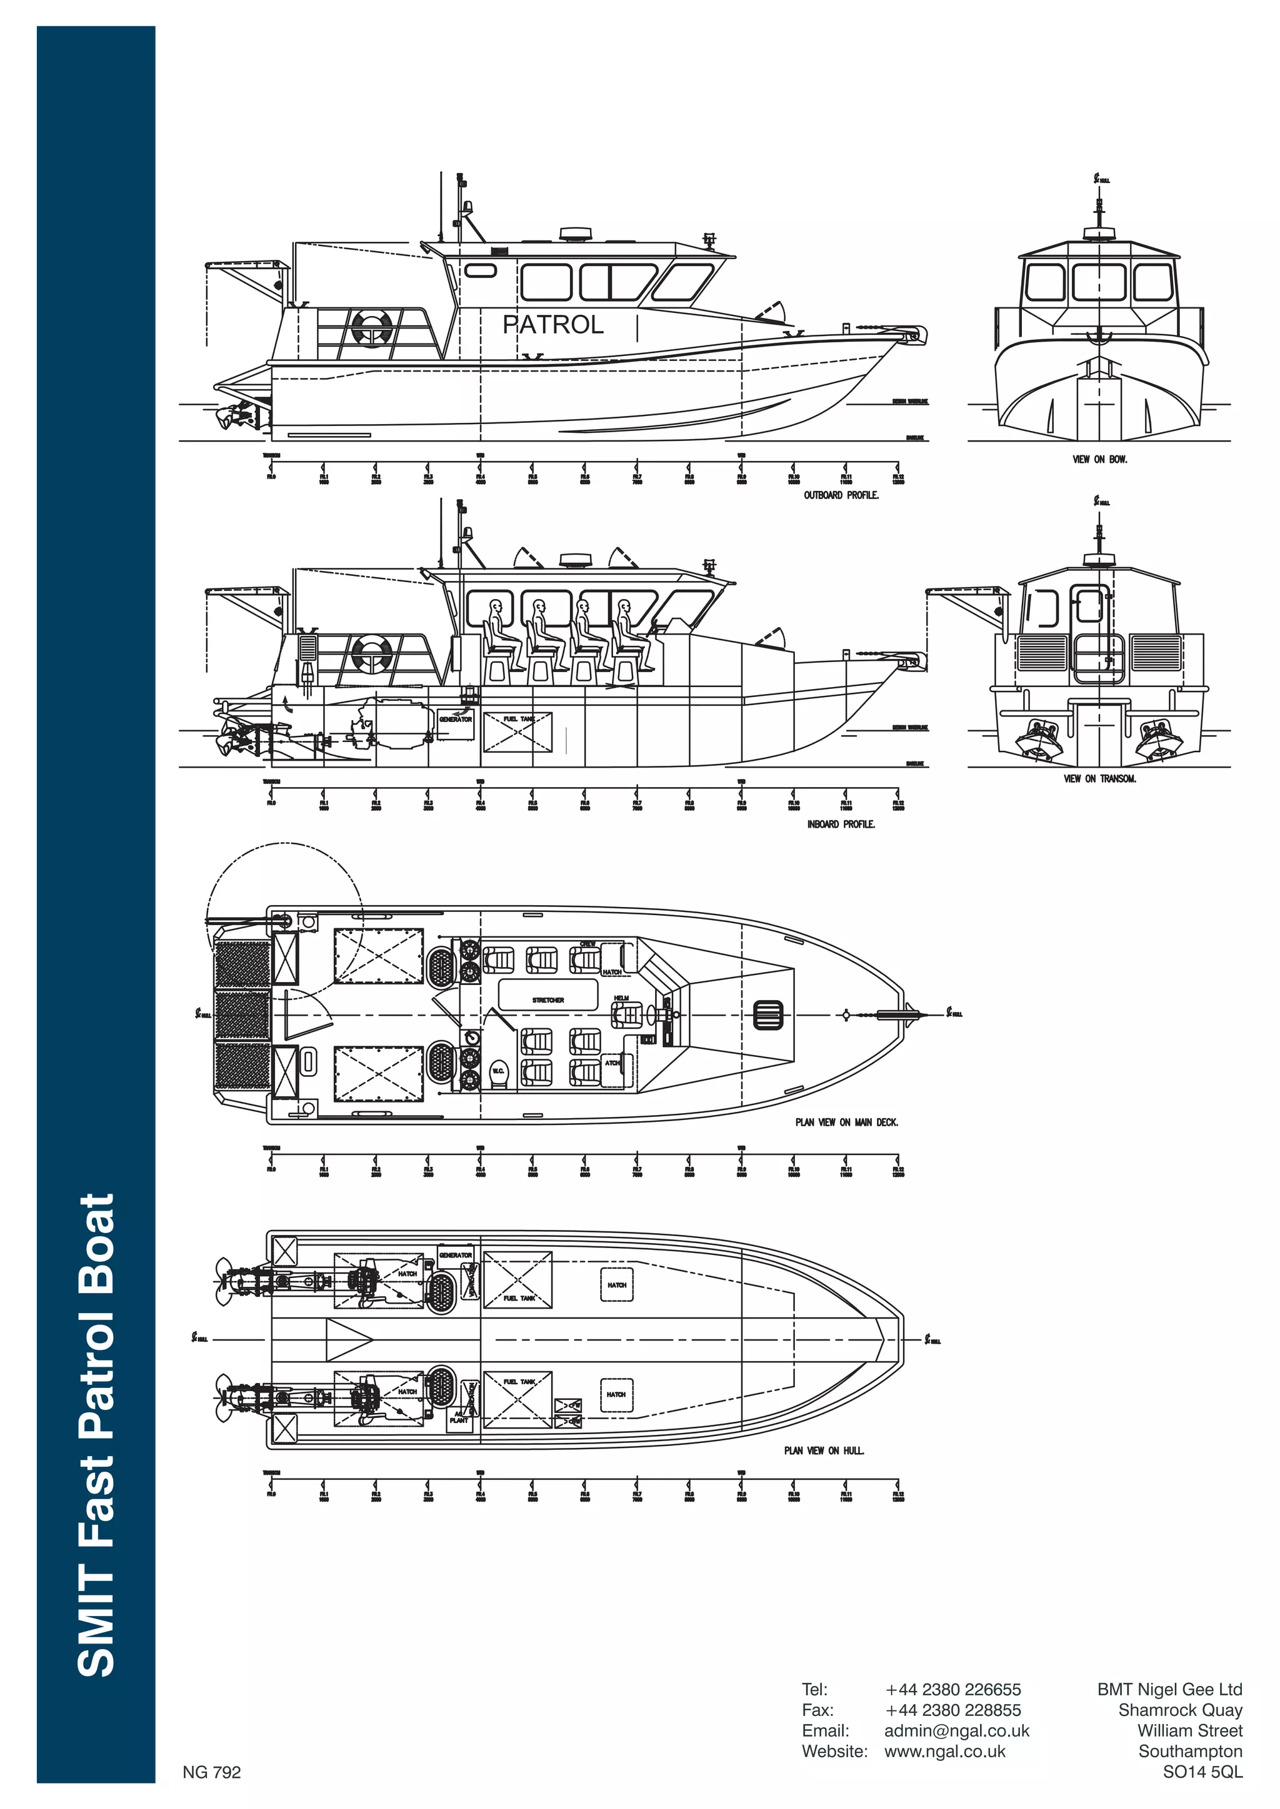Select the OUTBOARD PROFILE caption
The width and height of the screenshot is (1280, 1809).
[x=840, y=495]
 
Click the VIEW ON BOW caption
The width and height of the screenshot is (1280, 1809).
[x=1099, y=459]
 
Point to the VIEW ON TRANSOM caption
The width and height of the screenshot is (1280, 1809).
[x=1099, y=778]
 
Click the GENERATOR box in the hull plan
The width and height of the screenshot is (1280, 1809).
[x=455, y=1255]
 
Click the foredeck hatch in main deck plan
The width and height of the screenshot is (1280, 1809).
[x=769, y=1015]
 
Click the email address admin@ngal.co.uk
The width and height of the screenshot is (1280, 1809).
[x=956, y=1730]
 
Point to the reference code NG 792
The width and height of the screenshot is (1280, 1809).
[x=211, y=1772]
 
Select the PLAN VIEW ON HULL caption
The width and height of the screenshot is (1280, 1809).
[x=823, y=1450]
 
